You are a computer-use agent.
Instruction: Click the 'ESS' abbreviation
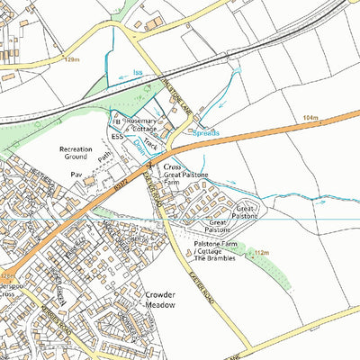[x=116, y=136]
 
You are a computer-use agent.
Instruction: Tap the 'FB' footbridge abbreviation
[x=115, y=119]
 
